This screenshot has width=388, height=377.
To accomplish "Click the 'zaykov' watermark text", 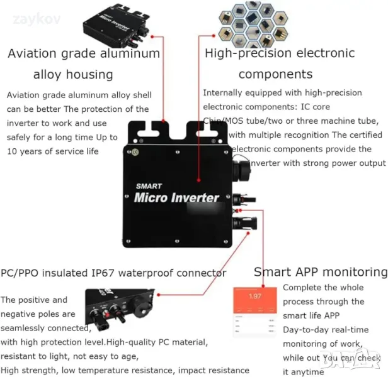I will coord(37,19).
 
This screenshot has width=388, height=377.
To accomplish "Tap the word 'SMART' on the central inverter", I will coord(149,186).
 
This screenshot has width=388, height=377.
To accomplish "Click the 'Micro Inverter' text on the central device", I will coord(176,198).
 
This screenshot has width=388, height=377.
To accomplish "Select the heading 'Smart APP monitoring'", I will coord(320,272).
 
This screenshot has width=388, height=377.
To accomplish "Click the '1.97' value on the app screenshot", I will coord(255,296).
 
